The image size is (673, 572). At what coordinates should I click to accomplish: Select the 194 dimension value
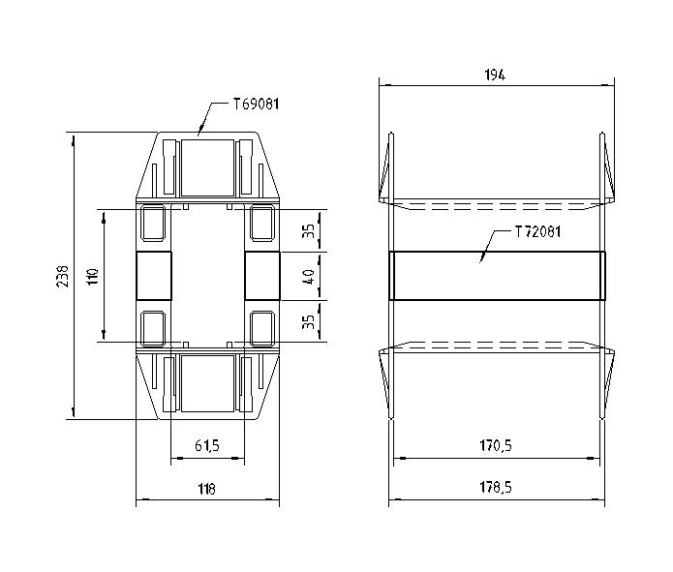498,75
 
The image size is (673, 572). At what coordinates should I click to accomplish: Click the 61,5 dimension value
207,446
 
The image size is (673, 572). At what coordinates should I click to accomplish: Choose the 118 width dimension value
206,490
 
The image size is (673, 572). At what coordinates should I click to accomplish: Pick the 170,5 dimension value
497,446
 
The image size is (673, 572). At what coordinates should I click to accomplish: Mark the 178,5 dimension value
497,490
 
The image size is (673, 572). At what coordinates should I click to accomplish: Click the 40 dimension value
308,276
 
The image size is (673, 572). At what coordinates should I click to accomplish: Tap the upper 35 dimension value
308,231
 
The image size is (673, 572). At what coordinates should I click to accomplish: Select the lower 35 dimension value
308,321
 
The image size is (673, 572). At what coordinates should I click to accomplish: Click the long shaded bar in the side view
498,276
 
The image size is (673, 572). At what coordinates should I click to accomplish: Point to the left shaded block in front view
153,276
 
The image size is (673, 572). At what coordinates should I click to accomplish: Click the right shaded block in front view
261,276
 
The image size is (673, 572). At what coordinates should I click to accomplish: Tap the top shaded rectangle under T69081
207,165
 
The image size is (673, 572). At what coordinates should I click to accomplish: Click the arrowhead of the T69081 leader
199,132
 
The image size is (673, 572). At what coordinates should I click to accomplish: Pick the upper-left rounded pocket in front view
154,224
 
